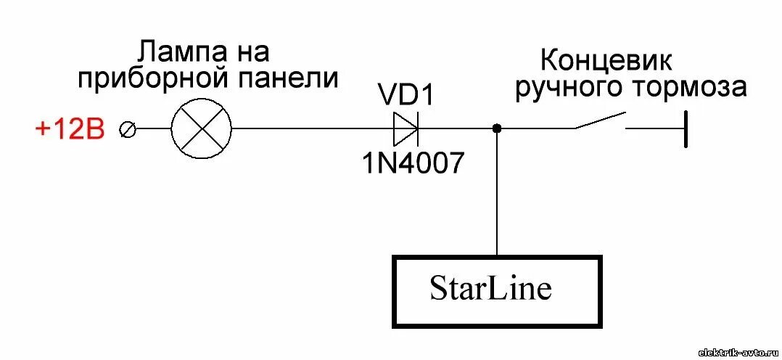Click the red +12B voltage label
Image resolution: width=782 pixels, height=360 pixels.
pyautogui.click(x=70, y=131)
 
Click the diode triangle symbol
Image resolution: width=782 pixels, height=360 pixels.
pyautogui.click(x=405, y=128)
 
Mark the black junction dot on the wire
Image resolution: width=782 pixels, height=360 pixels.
pyautogui.click(x=497, y=128)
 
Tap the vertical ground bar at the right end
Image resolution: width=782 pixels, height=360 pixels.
pyautogui.click(x=685, y=128)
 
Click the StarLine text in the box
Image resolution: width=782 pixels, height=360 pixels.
pyautogui.click(x=490, y=289)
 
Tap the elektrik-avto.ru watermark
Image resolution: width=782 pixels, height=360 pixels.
pyautogui.click(x=738, y=352)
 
